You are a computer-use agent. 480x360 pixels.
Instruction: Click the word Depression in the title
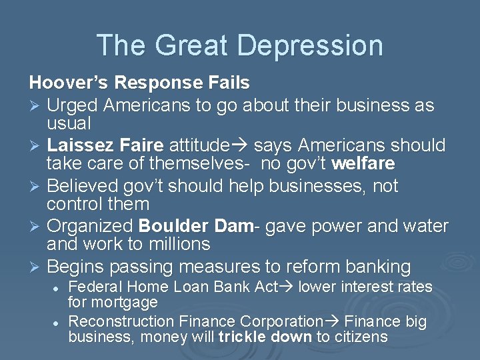click(310, 45)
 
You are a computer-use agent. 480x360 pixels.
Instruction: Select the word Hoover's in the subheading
click(69, 83)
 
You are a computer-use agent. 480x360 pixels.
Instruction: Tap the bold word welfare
click(363, 163)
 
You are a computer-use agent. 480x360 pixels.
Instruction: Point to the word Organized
click(91, 227)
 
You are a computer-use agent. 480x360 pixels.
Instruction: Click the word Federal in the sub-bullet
click(93, 287)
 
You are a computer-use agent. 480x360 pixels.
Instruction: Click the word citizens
click(361, 337)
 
